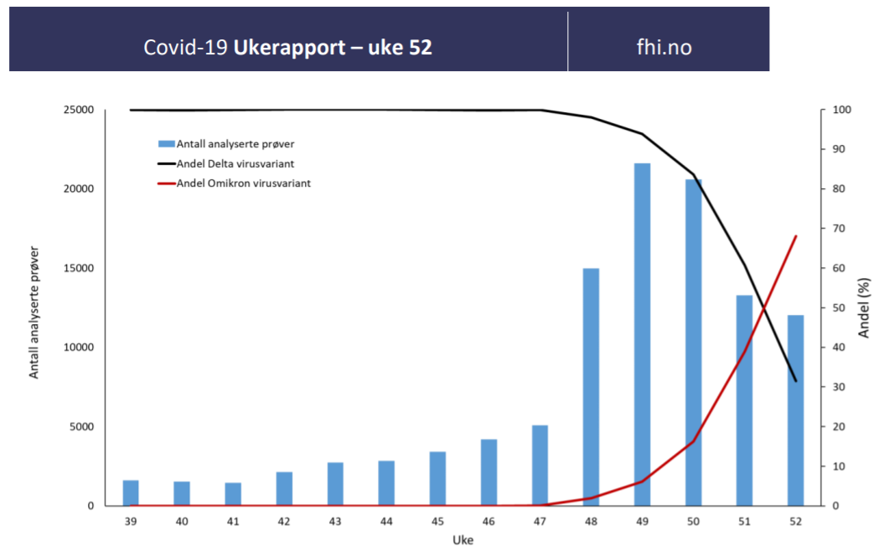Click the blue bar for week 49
point(642,335)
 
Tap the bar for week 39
point(131,493)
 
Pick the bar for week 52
point(795,410)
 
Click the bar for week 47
point(540,466)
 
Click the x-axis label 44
point(386,521)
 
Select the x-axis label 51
point(744,521)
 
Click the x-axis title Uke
point(463,540)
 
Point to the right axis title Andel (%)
point(864,307)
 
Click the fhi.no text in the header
point(664,47)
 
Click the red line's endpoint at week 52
point(795,236)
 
